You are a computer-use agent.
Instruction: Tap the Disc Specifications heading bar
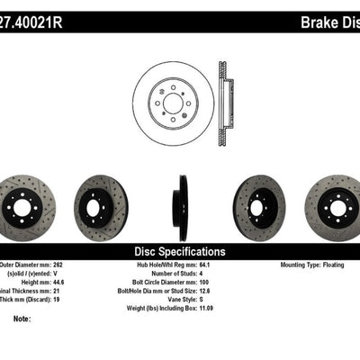179,251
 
